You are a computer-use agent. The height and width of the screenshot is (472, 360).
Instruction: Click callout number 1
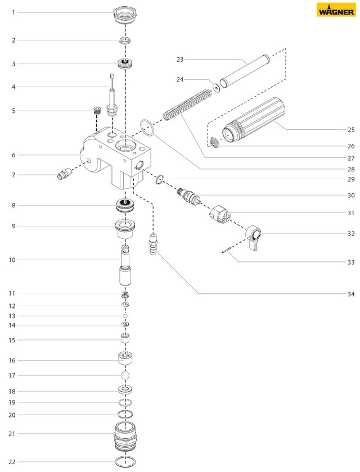[13, 12]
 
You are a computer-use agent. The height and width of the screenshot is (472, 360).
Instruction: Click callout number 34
[351, 293]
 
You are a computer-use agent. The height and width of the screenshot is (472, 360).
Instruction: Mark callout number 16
[12, 360]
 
